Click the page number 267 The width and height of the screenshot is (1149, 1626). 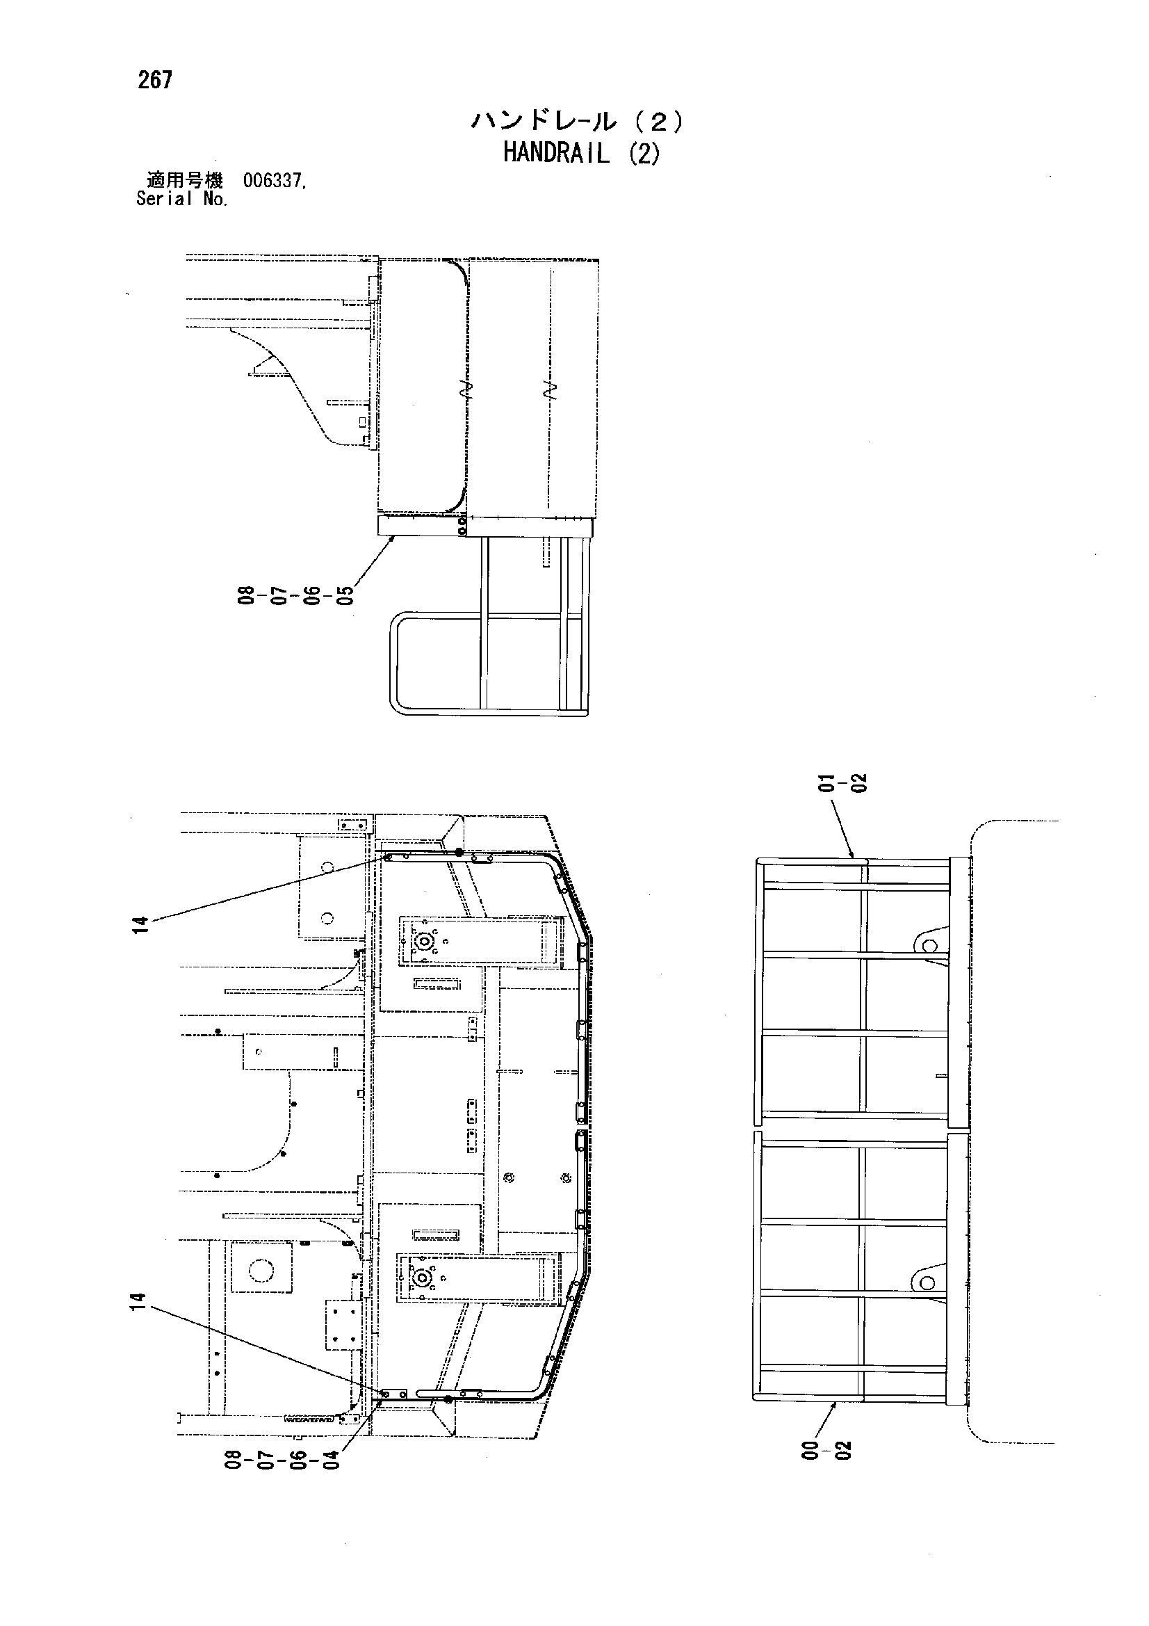pos(155,80)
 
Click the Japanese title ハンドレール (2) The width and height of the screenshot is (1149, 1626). pos(578,122)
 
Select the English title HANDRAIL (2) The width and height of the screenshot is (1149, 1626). pos(581,154)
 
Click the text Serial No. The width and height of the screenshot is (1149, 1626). pos(182,199)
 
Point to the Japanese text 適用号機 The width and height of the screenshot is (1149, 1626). pos(184,181)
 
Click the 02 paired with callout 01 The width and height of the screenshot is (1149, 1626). pos(859,784)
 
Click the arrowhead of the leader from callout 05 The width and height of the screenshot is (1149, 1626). pos(393,538)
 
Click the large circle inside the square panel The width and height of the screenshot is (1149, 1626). pos(261,1269)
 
